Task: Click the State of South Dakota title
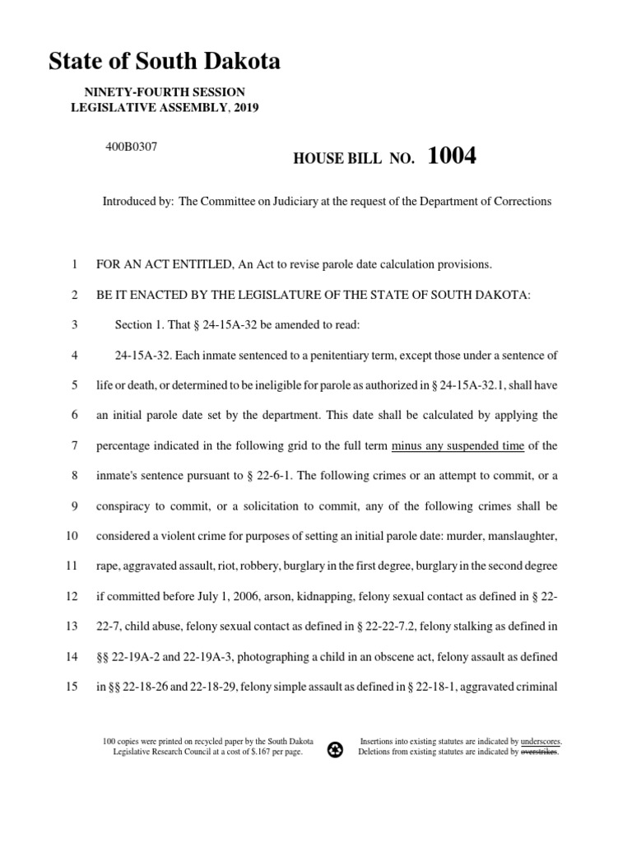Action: pyautogui.click(x=165, y=62)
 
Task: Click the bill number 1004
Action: pyautogui.click(x=452, y=156)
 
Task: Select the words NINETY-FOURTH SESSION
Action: pyautogui.click(x=165, y=92)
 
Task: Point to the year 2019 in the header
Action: pyautogui.click(x=244, y=108)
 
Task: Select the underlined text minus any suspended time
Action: pyautogui.click(x=458, y=445)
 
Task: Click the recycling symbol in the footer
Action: pyautogui.click(x=335, y=750)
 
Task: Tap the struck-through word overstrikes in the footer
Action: pyautogui.click(x=540, y=752)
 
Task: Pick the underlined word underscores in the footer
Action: pyautogui.click(x=541, y=741)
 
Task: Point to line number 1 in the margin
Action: pyautogui.click(x=74, y=264)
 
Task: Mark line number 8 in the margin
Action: pyautogui.click(x=74, y=475)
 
